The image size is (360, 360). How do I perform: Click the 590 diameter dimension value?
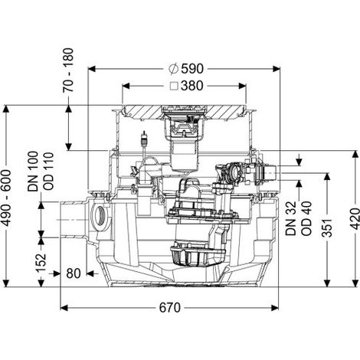(x=192, y=69)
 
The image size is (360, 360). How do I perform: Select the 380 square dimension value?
(x=192, y=86)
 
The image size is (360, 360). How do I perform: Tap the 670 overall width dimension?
(x=170, y=307)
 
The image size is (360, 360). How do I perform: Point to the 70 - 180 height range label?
(x=68, y=70)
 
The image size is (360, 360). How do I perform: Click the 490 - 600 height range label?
(x=7, y=198)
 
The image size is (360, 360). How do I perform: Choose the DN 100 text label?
(x=33, y=172)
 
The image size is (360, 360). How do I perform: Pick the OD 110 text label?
(x=48, y=172)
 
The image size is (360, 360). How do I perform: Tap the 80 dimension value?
(x=74, y=273)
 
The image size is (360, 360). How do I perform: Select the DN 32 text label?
(x=291, y=218)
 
